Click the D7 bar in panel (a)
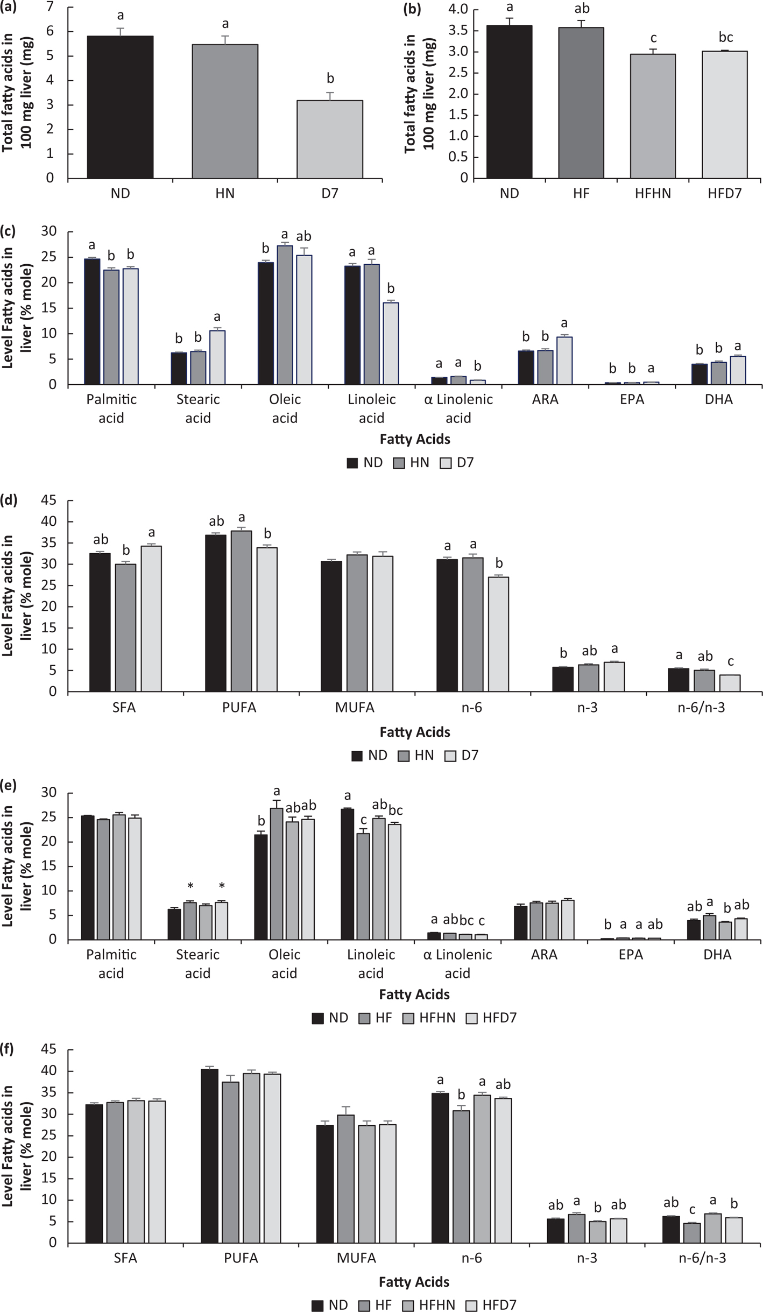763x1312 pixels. tap(330, 139)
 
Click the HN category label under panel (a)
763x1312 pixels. tap(225, 193)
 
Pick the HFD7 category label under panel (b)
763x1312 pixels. tap(724, 193)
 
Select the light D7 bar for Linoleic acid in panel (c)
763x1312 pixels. tap(391, 344)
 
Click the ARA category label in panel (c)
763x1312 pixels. tap(545, 400)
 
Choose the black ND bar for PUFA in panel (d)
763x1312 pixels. tap(216, 613)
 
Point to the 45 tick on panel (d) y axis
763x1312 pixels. tap(50, 501)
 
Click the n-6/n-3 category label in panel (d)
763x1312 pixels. tap(701, 708)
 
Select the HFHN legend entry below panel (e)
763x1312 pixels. tap(429, 1018)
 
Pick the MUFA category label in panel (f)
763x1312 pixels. tap(356, 1258)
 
